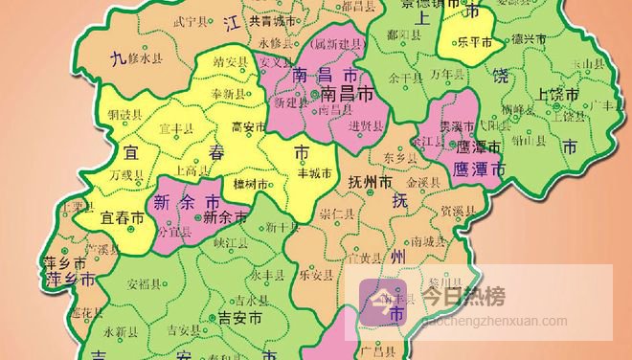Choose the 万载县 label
click(126, 175)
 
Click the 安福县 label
click(144, 284)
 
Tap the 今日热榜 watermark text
click(470, 297)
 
